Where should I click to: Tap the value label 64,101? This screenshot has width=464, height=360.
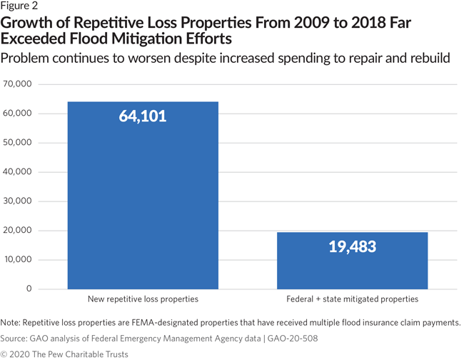(142, 115)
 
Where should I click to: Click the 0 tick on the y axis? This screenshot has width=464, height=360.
(30, 289)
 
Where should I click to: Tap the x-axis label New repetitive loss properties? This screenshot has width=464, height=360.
(142, 299)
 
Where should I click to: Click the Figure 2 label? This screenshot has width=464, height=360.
(20, 6)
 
